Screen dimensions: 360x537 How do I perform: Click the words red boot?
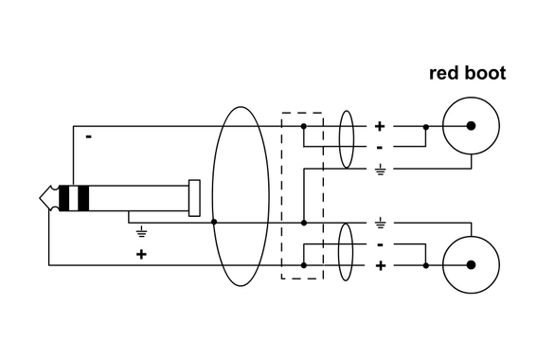click(x=467, y=73)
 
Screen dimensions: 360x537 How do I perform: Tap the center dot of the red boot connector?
click(x=471, y=126)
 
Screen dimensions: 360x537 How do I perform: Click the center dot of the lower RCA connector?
click(x=471, y=265)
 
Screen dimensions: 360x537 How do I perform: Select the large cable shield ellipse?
click(x=235, y=196)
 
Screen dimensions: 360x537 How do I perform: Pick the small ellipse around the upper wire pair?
click(x=347, y=136)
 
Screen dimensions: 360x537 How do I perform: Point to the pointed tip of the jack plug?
click(x=42, y=198)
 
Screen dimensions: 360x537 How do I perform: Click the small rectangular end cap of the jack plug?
click(x=194, y=198)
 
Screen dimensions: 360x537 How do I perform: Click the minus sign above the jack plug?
click(x=89, y=136)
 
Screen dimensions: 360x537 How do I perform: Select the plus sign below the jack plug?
click(x=141, y=254)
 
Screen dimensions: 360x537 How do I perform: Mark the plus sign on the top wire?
click(x=381, y=126)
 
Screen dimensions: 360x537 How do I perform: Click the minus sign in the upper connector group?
click(x=380, y=148)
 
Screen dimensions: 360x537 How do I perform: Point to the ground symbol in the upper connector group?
click(x=380, y=171)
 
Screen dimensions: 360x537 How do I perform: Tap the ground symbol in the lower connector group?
click(x=380, y=224)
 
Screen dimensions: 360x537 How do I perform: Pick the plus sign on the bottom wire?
click(x=381, y=266)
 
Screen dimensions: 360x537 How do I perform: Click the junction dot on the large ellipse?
click(x=215, y=222)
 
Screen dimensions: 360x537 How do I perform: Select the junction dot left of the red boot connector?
click(x=425, y=126)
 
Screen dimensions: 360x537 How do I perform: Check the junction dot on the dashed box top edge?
click(x=303, y=126)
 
